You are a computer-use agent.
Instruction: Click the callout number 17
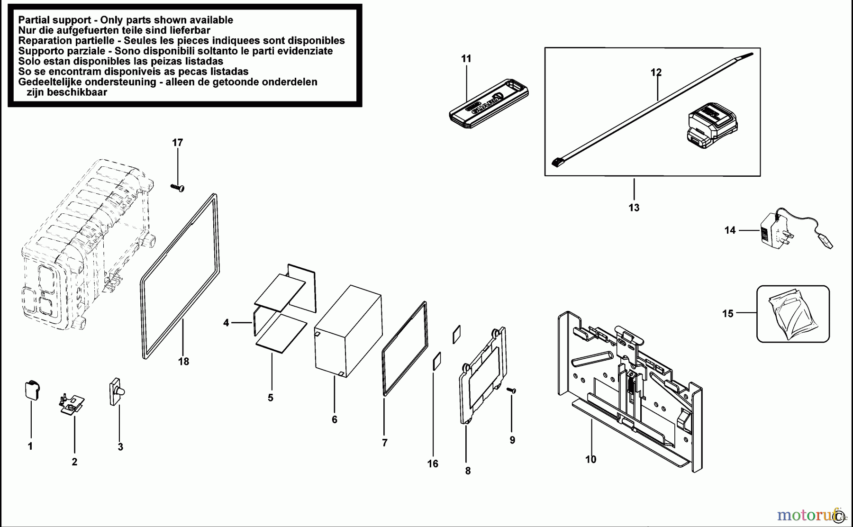pos(177,142)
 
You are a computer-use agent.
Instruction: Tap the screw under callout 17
pos(178,188)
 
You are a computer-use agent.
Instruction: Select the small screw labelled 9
pos(511,390)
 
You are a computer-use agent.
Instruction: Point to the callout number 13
pos(634,208)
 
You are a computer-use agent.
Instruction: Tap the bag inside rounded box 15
pos(792,315)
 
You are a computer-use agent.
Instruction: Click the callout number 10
pos(590,459)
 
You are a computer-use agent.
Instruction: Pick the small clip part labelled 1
pos(32,390)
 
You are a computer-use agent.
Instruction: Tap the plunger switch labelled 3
pos(117,391)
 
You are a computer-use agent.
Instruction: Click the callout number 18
pos(183,362)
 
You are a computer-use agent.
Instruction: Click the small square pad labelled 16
pos(436,361)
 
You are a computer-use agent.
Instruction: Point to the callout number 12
pos(656,72)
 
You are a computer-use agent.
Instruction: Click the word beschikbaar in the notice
pos(67,92)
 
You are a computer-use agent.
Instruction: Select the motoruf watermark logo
pos(806,514)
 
